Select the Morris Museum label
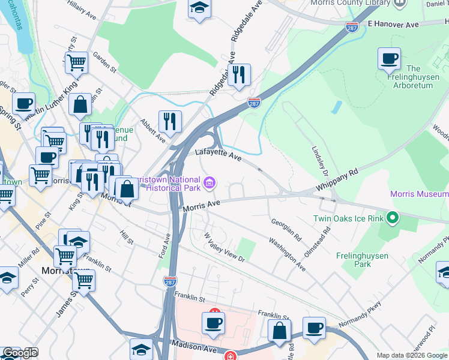[419, 194]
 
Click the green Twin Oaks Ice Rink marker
[393, 217]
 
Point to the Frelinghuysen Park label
[362, 260]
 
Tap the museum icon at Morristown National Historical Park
[209, 182]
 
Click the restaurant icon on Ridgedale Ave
[239, 74]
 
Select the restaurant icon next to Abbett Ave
[170, 122]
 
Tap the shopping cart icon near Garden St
[76, 62]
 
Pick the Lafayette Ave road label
[218, 156]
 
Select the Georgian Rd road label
[285, 229]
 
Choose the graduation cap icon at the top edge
[199, 8]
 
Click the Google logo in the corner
[20, 353]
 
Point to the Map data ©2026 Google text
[411, 355]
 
